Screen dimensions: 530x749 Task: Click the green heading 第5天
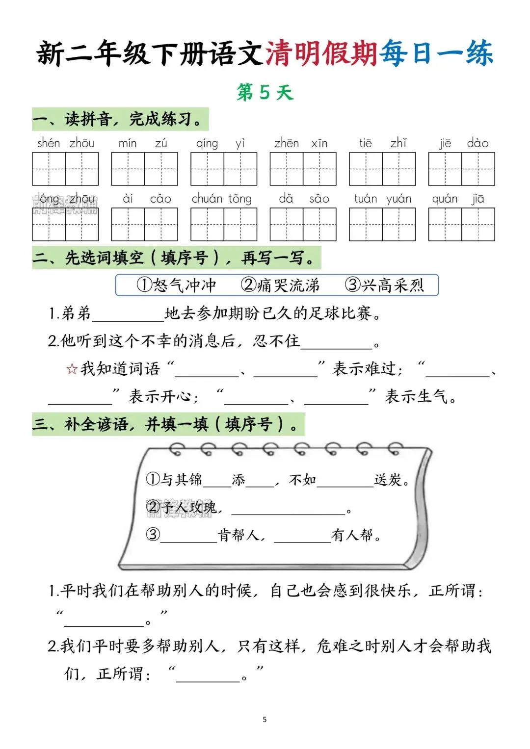coord(265,92)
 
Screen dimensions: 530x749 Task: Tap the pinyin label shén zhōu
coord(66,143)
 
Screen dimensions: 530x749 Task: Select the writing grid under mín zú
coord(144,169)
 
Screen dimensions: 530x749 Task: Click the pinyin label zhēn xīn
coord(301,143)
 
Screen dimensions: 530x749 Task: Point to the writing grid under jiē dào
coord(461,169)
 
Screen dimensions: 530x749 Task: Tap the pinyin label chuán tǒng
coord(222,199)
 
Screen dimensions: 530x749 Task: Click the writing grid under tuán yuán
coord(382,225)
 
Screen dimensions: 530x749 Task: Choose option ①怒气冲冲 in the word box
coord(177,285)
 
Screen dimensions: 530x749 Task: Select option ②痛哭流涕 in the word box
coord(280,285)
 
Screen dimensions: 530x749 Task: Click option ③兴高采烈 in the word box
coord(384,285)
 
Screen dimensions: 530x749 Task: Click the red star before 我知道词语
coord(72,369)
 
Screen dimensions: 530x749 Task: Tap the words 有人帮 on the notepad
coord(352,535)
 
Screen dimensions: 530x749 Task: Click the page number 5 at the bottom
coord(265,720)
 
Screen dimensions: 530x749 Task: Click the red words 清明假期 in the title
coord(321,53)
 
